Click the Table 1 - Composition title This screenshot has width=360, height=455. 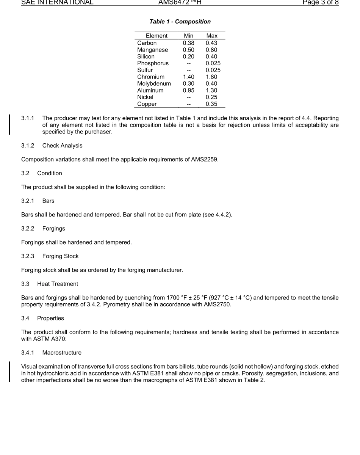pos(180,22)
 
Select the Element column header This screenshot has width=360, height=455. pos(157,36)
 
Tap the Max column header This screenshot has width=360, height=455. pos(212,36)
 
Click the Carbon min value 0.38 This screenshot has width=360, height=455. pos(188,43)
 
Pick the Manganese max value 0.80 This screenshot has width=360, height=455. pos(211,50)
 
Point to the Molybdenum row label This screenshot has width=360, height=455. pos(154,83)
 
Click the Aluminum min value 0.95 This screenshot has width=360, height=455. pos(188,90)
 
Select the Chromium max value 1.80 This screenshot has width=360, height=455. pos(211,77)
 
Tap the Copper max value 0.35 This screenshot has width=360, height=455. pos(211,104)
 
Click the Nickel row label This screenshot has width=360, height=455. pos(145,97)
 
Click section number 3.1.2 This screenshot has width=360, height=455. pos(28,146)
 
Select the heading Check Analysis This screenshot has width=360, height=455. pos(62,146)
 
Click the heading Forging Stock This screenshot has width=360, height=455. pos(60,256)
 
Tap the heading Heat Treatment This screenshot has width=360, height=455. pos(58,284)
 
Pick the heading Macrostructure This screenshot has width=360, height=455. pos(62,353)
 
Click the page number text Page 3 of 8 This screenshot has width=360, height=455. pos(320,2)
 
